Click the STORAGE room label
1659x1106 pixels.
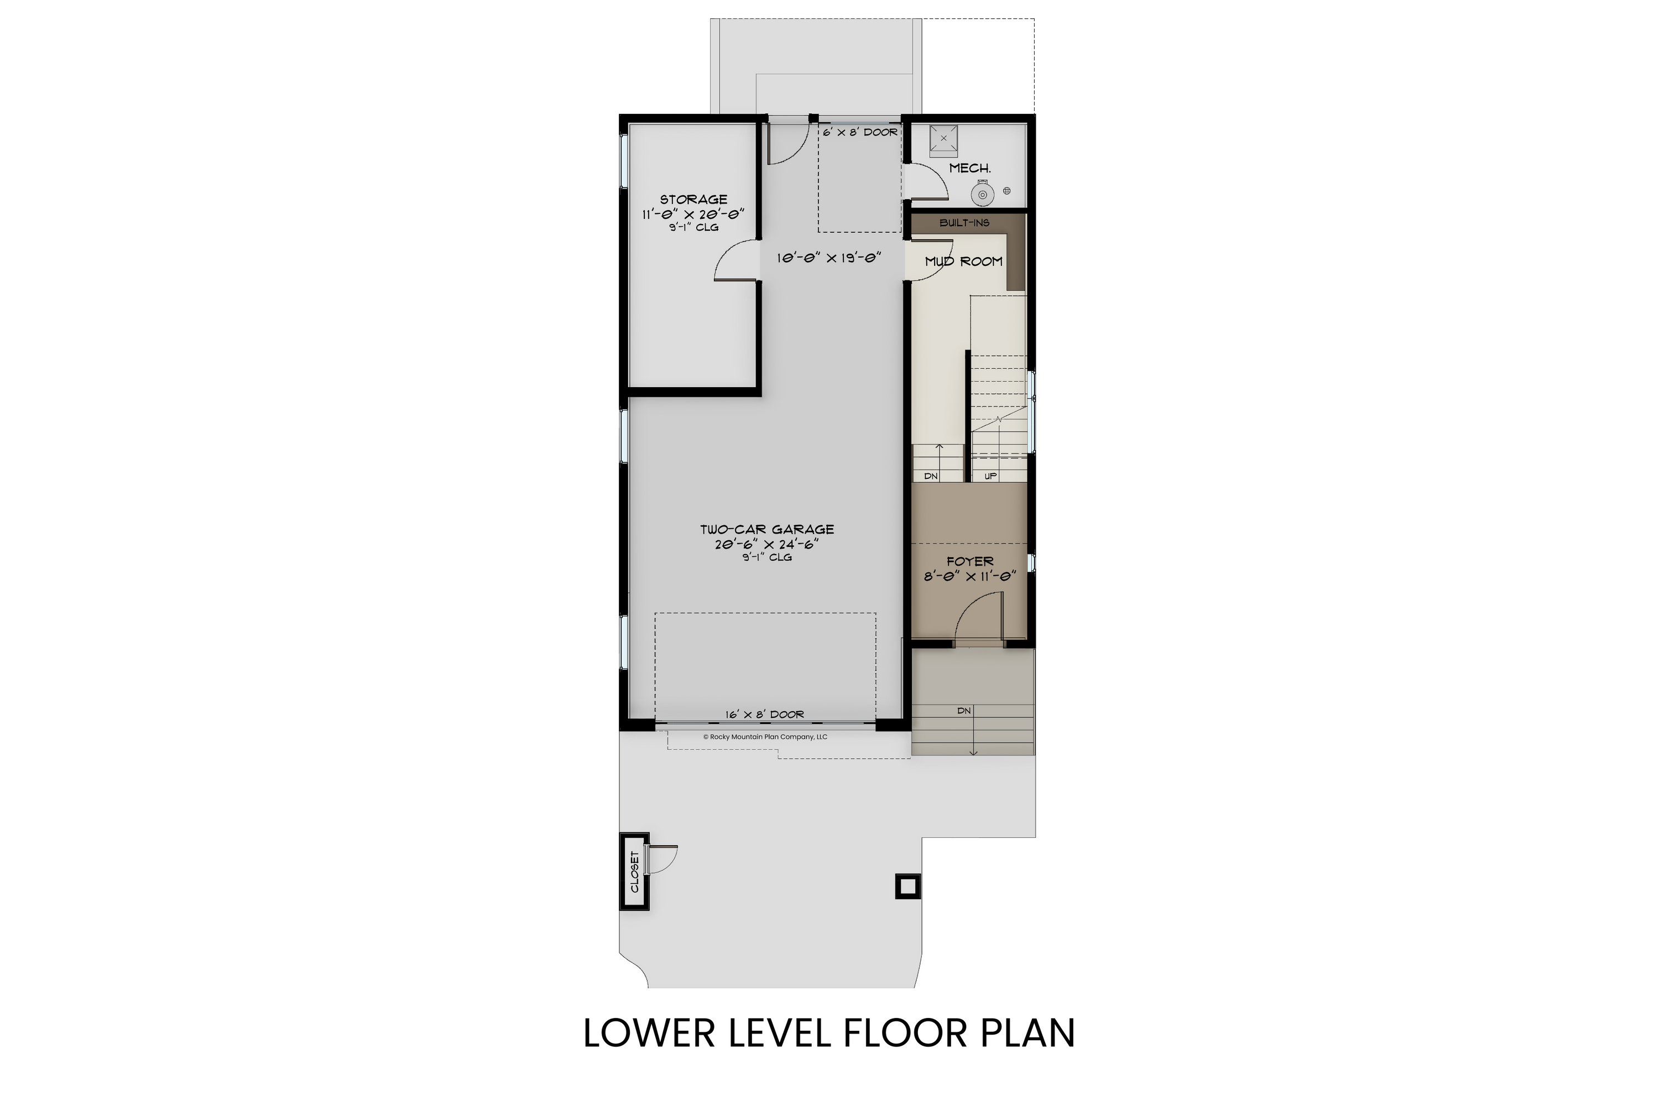pyautogui.click(x=693, y=200)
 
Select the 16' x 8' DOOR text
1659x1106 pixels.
pyautogui.click(x=765, y=714)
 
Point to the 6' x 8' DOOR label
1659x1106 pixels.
pyautogui.click(x=860, y=132)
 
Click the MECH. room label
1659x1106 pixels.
pyautogui.click(x=970, y=169)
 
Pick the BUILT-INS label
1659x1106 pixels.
pyautogui.click(x=964, y=223)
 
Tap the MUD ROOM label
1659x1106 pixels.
pyautogui.click(x=963, y=262)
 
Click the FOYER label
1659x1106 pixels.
pyautogui.click(x=970, y=561)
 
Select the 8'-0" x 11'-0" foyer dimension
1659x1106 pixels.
pyautogui.click(x=970, y=576)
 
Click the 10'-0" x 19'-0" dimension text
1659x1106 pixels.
pyautogui.click(x=830, y=258)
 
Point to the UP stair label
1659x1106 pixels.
pyautogui.click(x=990, y=476)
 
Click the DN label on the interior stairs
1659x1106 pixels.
pyautogui.click(x=931, y=476)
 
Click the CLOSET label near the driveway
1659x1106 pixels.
pyautogui.click(x=634, y=872)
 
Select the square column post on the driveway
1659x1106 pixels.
pyautogui.click(x=908, y=886)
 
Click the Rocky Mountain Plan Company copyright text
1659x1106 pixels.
pyautogui.click(x=765, y=737)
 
